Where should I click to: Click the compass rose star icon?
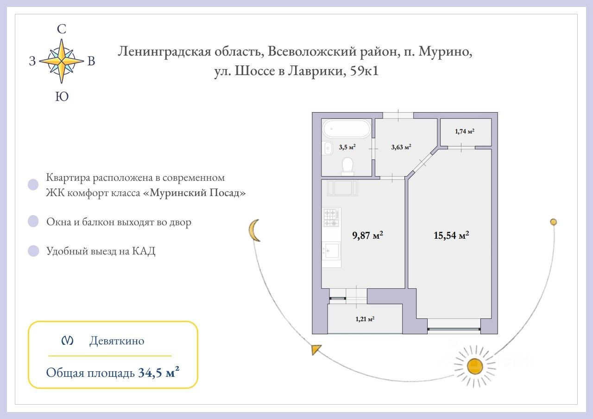[61, 61]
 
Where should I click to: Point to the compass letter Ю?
[62, 96]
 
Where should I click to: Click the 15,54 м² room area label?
[451, 235]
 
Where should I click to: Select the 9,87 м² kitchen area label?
[368, 235]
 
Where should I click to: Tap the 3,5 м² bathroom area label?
[347, 147]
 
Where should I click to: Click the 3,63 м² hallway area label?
[401, 147]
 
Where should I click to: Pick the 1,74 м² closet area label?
[464, 132]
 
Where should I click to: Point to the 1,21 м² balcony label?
[365, 319]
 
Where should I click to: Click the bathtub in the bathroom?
[347, 128]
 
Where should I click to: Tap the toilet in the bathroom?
[347, 165]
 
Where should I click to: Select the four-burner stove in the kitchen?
[331, 218]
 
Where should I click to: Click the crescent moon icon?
[254, 230]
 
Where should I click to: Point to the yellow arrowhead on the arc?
[316, 349]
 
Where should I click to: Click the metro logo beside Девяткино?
[68, 341]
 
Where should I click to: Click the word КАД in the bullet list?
[144, 251]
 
